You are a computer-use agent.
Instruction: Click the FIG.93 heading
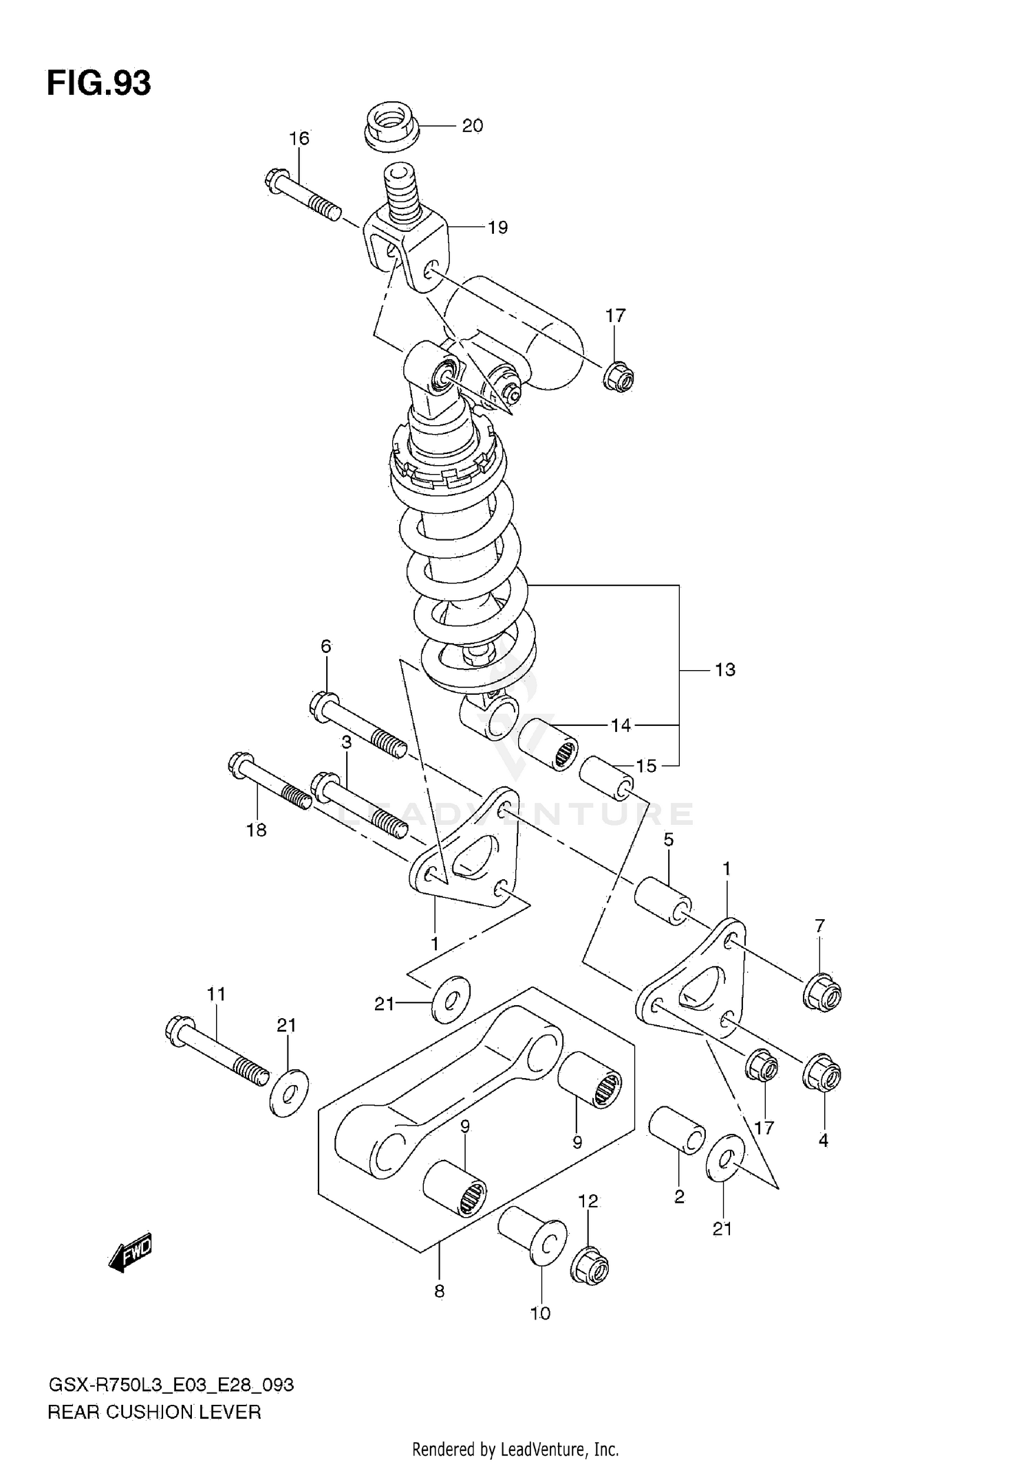pos(99,83)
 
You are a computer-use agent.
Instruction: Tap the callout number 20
pos(472,126)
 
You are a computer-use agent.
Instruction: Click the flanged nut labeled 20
pos(390,127)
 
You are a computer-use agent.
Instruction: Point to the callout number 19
pos(497,227)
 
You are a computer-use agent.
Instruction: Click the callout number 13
pos(724,669)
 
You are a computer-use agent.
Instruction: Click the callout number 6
pos(325,646)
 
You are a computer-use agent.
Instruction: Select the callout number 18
pos(256,830)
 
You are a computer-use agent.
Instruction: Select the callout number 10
pos(540,1313)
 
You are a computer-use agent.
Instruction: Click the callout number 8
pos(439,1291)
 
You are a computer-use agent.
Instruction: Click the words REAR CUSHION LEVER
pos(154,1412)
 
